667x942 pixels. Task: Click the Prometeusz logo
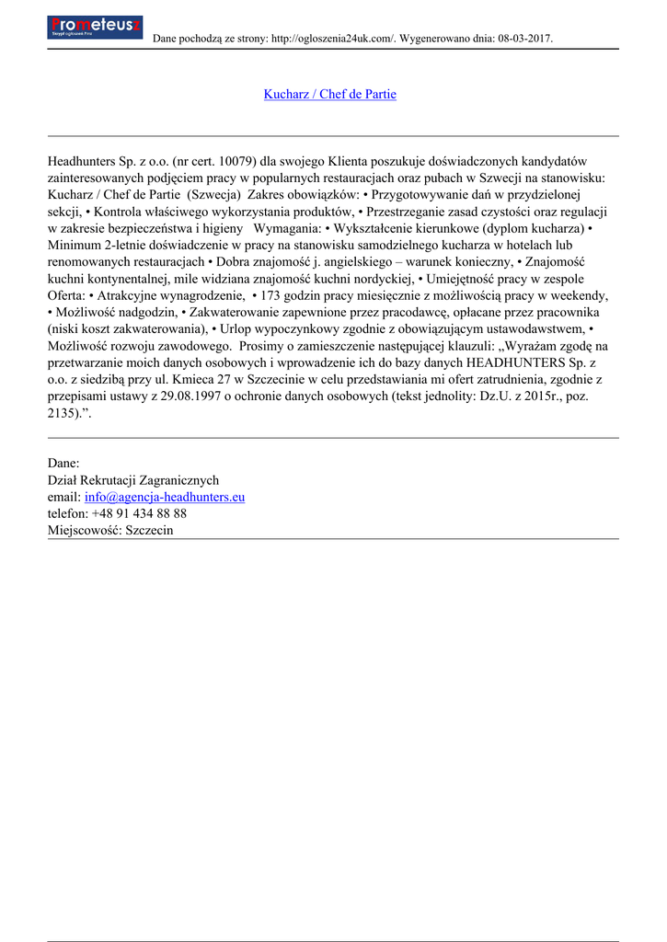point(94,27)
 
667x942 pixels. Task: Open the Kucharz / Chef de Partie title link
point(329,94)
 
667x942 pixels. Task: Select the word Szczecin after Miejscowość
point(149,530)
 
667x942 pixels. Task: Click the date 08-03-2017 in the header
point(523,39)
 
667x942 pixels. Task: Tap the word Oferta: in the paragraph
point(67,295)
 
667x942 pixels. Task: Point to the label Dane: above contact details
point(63,463)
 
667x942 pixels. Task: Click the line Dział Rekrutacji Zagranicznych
point(133,480)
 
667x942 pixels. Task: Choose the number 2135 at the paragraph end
point(63,413)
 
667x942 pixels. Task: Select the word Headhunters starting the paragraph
point(86,161)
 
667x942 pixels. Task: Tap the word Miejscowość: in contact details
point(84,530)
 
